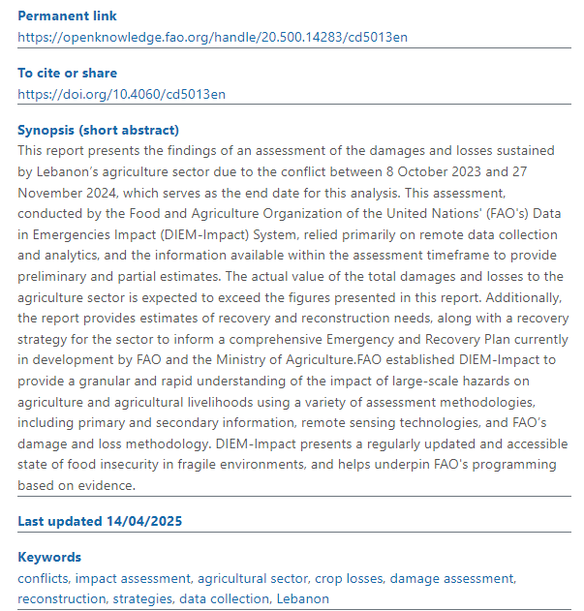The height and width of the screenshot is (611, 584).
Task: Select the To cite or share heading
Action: point(68,74)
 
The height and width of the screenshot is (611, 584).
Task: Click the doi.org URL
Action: point(122,94)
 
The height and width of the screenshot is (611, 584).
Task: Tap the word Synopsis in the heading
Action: point(46,131)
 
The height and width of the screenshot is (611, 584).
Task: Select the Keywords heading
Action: point(49,558)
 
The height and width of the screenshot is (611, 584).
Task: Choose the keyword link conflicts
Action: point(43,578)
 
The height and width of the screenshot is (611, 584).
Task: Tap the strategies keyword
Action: point(140,598)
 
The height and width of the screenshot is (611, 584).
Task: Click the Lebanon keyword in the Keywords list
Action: point(303,598)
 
